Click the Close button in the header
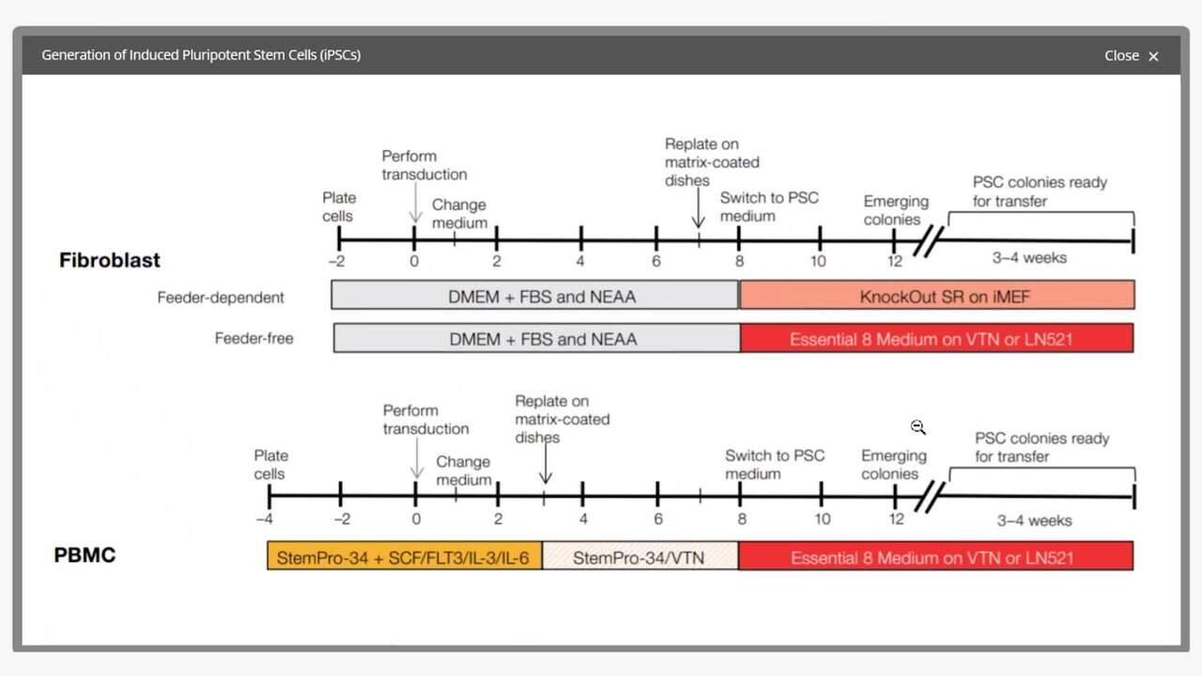click(1131, 55)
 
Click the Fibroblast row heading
click(110, 260)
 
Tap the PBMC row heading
click(85, 555)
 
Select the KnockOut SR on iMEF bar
click(936, 296)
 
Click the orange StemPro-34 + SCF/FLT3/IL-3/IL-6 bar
click(404, 557)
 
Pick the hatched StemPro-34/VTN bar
click(640, 557)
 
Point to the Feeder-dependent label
click(221, 298)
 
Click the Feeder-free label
click(254, 338)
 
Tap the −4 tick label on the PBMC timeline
click(267, 519)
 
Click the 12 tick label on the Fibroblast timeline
click(895, 261)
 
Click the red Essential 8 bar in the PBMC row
click(935, 557)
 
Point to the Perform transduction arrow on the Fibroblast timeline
click(415, 203)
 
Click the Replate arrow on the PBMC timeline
click(545, 464)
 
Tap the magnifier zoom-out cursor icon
click(918, 427)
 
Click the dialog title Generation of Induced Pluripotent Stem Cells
click(201, 55)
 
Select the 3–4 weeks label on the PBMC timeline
click(1034, 520)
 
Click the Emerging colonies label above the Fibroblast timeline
click(896, 210)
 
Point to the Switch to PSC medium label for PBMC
click(774, 465)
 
